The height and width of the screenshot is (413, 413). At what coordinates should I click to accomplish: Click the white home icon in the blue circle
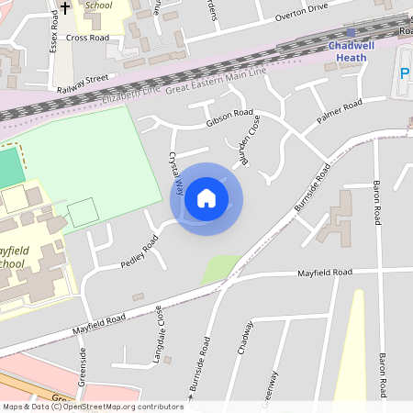pyautogui.click(x=206, y=198)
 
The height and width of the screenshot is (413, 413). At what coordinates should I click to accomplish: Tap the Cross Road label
pyautogui.click(x=88, y=39)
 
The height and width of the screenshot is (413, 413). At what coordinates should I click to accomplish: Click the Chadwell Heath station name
pyautogui.click(x=347, y=50)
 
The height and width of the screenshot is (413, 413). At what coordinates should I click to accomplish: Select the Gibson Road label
pyautogui.click(x=229, y=117)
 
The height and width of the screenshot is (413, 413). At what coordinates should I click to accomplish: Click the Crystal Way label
pyautogui.click(x=176, y=173)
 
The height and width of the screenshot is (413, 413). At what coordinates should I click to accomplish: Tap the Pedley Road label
pyautogui.click(x=139, y=252)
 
